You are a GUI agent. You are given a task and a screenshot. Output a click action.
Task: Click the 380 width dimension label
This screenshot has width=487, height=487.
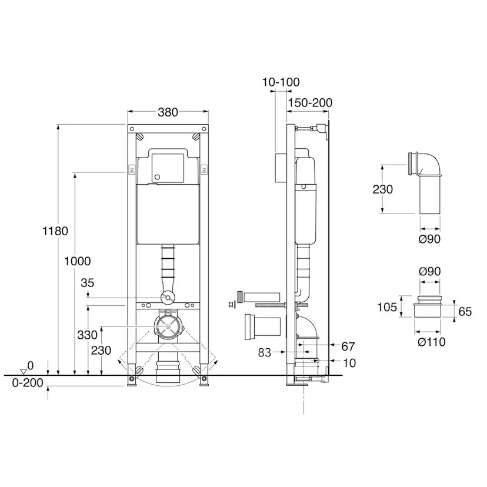168,112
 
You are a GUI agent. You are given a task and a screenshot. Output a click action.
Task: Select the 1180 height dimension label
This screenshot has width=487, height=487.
55,231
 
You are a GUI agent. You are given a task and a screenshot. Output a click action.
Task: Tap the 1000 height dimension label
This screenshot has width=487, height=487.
77,261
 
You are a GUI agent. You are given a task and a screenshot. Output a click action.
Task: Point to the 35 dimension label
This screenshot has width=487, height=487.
87,283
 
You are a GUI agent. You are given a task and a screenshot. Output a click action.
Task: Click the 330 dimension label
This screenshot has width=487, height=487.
87,335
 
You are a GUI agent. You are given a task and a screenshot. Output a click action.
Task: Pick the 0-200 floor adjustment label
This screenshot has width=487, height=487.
28,383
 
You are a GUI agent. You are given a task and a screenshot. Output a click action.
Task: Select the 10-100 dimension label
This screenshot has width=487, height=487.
281,82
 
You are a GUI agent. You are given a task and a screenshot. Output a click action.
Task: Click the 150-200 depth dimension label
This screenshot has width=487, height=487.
311,103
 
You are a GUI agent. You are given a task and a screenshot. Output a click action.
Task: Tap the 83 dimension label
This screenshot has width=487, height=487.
265,352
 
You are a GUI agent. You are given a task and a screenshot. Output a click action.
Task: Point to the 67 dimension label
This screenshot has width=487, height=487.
348,346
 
